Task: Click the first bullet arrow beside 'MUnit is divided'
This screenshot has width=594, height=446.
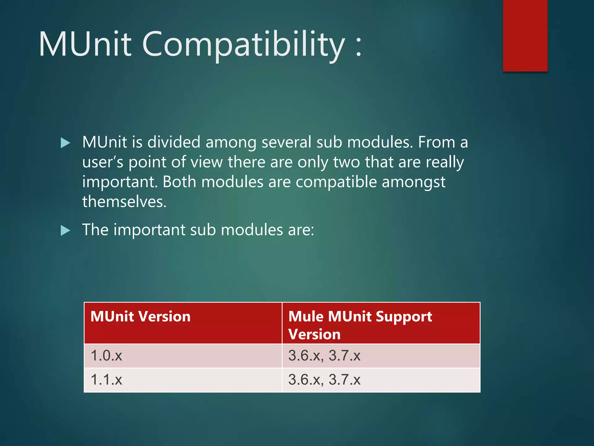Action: tap(66, 143)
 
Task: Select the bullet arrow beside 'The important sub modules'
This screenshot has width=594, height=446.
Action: tap(66, 231)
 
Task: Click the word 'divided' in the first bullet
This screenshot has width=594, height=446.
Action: tap(174, 142)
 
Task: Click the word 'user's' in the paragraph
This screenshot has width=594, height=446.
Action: tap(103, 162)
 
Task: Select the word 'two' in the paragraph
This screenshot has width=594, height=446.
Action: tap(346, 162)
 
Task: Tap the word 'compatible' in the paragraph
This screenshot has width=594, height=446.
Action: tap(336, 182)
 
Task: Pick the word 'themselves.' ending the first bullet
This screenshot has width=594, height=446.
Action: tap(124, 202)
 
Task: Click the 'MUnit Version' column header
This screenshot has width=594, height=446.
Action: tap(140, 316)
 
